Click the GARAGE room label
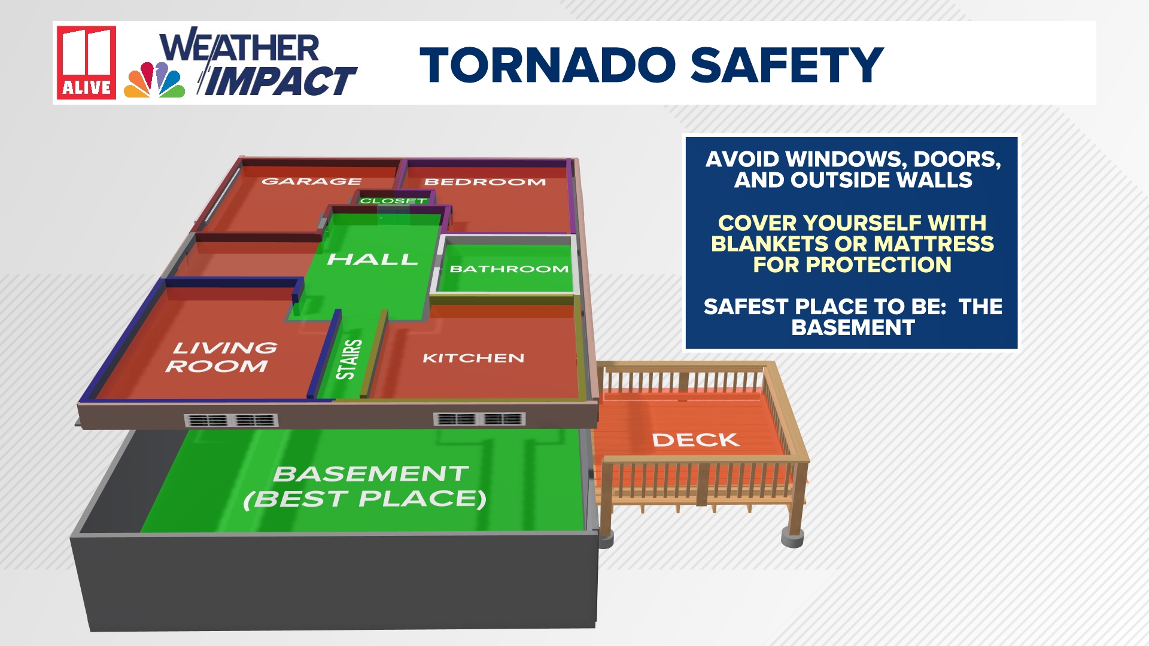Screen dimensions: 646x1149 pyautogui.click(x=311, y=181)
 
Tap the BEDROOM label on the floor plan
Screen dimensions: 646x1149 pyautogui.click(x=485, y=182)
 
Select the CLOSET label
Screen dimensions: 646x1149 pyautogui.click(x=393, y=201)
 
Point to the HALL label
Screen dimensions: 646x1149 pyautogui.click(x=372, y=260)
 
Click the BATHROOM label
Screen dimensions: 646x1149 pyautogui.click(x=509, y=269)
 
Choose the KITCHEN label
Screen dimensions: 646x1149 pyautogui.click(x=473, y=358)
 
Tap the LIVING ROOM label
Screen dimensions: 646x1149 pyautogui.click(x=221, y=357)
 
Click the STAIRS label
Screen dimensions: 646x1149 pyautogui.click(x=349, y=359)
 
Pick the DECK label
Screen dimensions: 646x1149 pyautogui.click(x=695, y=440)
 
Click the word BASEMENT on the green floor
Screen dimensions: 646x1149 pyautogui.click(x=371, y=474)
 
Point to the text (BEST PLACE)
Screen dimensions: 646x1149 pyautogui.click(x=365, y=499)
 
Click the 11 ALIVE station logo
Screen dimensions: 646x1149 pyautogui.click(x=86, y=62)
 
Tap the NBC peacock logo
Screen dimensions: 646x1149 pyautogui.click(x=154, y=80)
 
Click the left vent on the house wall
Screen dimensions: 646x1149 pyautogui.click(x=231, y=420)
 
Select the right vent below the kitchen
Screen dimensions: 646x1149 pyautogui.click(x=479, y=419)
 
